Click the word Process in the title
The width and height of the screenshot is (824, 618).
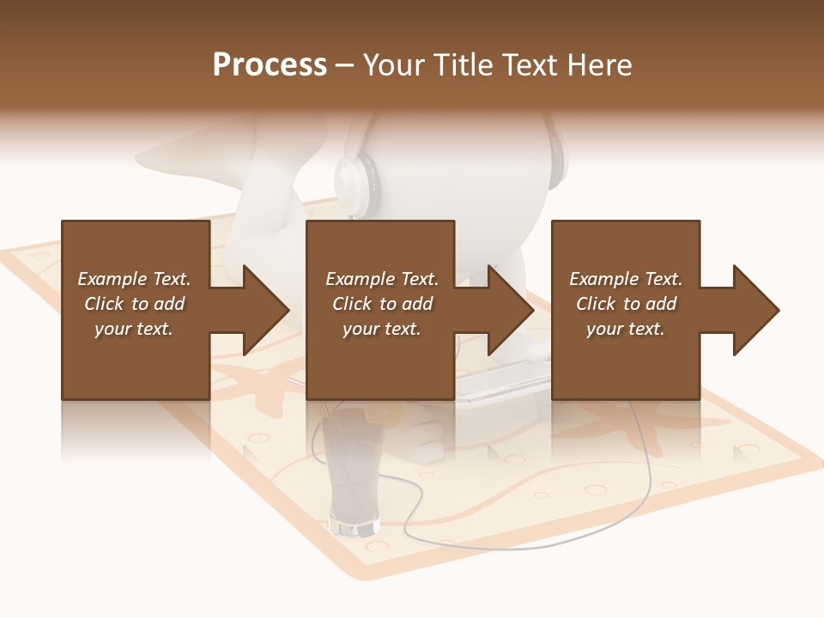click(270, 65)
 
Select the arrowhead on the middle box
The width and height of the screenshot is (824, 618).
click(508, 310)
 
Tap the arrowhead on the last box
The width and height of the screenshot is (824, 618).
click(754, 310)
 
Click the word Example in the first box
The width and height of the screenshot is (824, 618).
click(111, 279)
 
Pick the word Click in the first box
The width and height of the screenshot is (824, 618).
click(104, 304)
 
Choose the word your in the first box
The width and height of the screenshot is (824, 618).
click(112, 329)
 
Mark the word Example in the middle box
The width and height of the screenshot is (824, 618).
click(359, 279)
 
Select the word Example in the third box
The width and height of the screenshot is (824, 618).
click(603, 279)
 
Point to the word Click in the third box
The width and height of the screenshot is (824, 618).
click(596, 304)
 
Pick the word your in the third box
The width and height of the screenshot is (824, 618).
click(604, 329)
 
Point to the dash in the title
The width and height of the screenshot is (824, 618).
click(344, 66)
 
